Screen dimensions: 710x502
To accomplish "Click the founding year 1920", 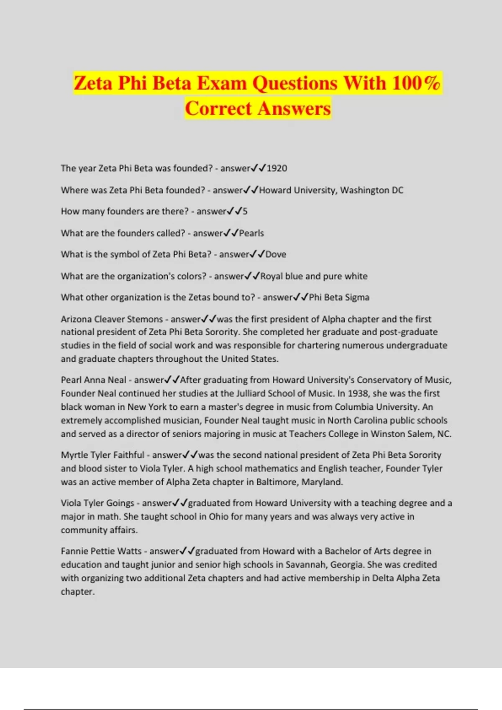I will [x=277, y=168].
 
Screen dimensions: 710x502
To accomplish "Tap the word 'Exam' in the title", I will [x=222, y=83].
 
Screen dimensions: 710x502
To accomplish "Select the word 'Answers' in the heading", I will [x=294, y=109].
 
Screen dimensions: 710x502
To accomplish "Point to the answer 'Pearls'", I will [x=251, y=233].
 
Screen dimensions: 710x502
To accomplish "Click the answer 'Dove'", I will [x=276, y=254].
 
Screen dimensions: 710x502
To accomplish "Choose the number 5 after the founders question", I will [x=245, y=211].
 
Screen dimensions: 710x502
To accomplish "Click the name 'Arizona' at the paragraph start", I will [x=76, y=319].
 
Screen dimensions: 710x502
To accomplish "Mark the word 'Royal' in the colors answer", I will [x=271, y=276].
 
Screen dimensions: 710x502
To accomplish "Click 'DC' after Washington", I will [x=397, y=190].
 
